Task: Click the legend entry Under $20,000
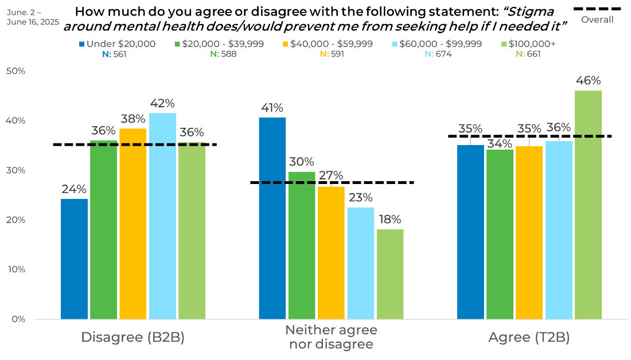coord(117,44)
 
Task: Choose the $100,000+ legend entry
coord(528,44)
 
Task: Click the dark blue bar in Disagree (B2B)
coord(75,258)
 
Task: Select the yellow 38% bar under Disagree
coord(133,224)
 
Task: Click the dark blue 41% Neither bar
coord(272,218)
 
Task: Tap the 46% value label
coord(588,81)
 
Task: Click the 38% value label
coord(133,119)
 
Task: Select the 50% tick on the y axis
coord(15,71)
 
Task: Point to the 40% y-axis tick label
coord(15,120)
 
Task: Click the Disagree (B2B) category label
coord(133,338)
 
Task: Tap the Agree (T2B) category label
coord(529,338)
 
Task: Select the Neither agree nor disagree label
coord(331,337)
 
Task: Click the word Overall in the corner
coord(597,19)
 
